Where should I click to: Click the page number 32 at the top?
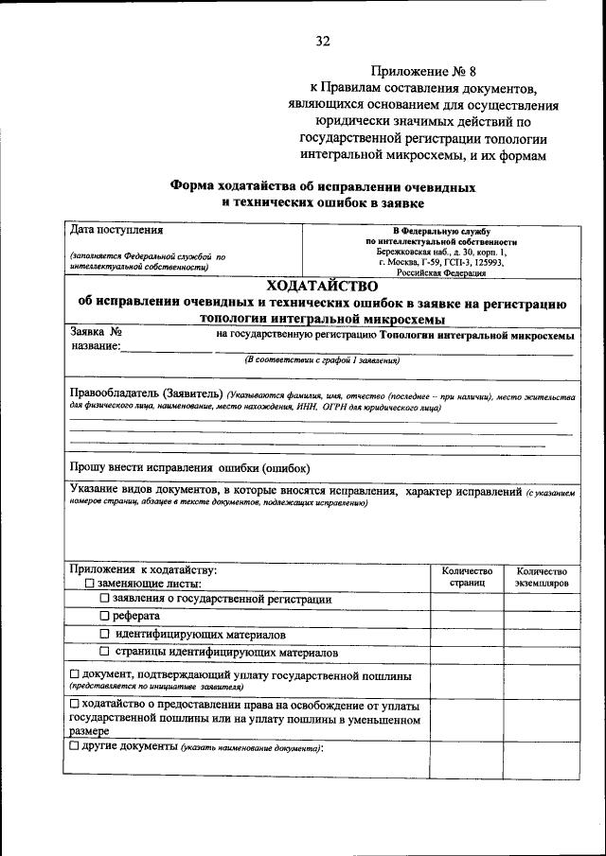click(x=323, y=41)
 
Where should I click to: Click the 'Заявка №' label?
click(x=98, y=333)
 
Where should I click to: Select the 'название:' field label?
click(x=96, y=347)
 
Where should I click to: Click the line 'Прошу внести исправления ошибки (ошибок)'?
click(x=190, y=467)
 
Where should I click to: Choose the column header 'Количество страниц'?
click(x=467, y=578)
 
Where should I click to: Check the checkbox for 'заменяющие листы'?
click(x=77, y=585)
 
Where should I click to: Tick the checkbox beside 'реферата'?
click(x=105, y=617)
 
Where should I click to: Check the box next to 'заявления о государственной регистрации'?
click(x=105, y=600)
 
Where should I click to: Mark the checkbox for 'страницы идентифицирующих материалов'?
click(x=105, y=653)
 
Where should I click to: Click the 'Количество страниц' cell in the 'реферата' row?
click(x=467, y=617)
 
